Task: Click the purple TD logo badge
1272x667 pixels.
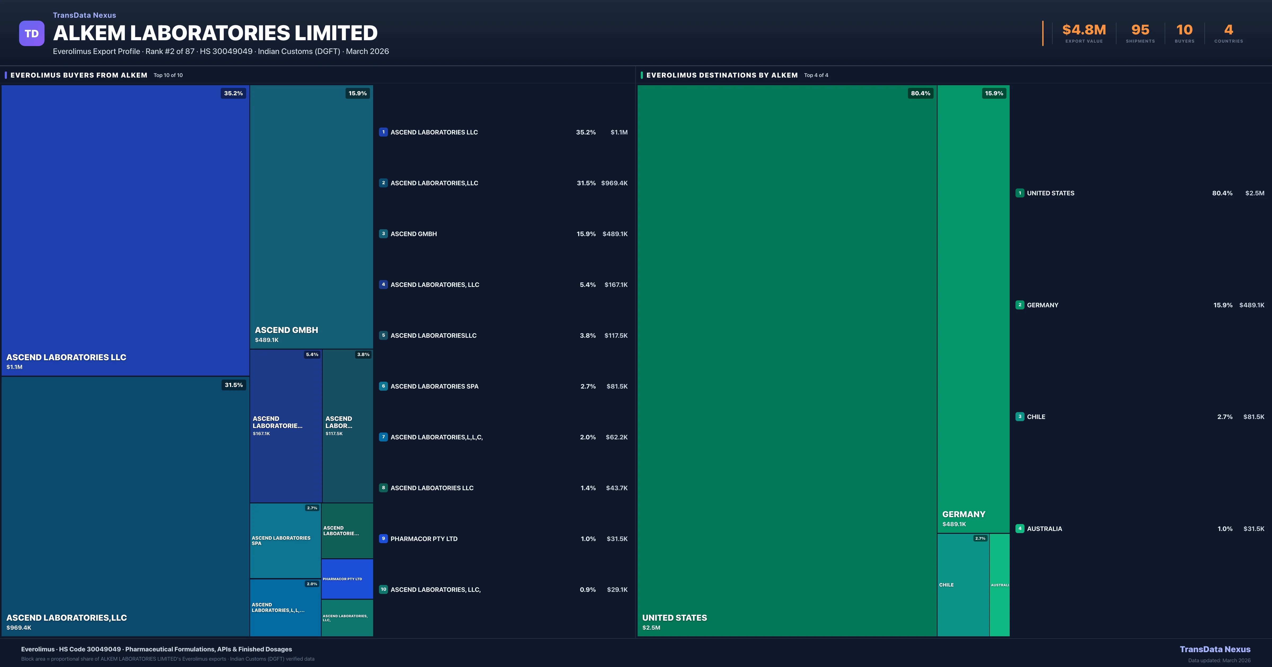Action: (x=32, y=34)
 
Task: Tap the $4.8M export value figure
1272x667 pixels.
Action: (x=1084, y=30)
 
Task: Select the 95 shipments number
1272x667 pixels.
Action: (x=1140, y=30)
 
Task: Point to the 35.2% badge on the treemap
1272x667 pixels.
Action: (x=233, y=93)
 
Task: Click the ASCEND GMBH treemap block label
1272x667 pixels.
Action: (x=286, y=330)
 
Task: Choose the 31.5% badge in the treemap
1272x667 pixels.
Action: (x=233, y=385)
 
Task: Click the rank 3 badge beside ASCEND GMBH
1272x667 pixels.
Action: (x=383, y=234)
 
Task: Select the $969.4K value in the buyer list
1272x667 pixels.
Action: (x=614, y=183)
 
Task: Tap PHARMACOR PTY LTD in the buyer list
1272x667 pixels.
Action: (x=424, y=539)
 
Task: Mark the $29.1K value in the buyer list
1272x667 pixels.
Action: (x=617, y=589)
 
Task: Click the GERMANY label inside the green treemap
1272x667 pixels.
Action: (x=963, y=514)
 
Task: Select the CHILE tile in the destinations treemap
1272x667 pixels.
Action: (x=963, y=585)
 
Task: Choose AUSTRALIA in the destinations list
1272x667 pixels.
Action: (x=1044, y=529)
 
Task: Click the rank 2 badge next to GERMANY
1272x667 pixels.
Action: (x=1020, y=305)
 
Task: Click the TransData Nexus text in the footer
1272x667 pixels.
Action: (x=1215, y=649)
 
